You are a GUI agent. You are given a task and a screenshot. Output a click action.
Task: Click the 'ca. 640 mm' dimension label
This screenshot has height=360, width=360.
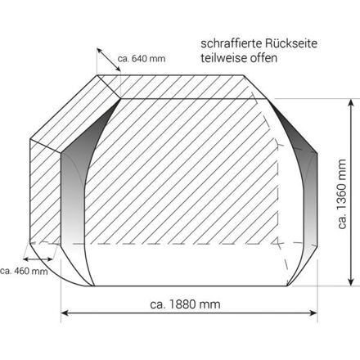click(x=142, y=58)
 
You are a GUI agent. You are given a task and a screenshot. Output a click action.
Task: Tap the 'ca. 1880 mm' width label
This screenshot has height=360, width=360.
click(x=185, y=304)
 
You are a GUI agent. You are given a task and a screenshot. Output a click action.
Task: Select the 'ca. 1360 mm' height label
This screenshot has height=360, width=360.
click(x=342, y=194)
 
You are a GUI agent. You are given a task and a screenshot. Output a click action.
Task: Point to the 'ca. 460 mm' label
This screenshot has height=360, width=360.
click(x=24, y=271)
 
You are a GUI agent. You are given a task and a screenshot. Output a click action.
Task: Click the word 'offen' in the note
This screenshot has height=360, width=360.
click(x=263, y=58)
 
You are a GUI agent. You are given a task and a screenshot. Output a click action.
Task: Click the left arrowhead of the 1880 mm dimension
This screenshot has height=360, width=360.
click(x=64, y=313)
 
